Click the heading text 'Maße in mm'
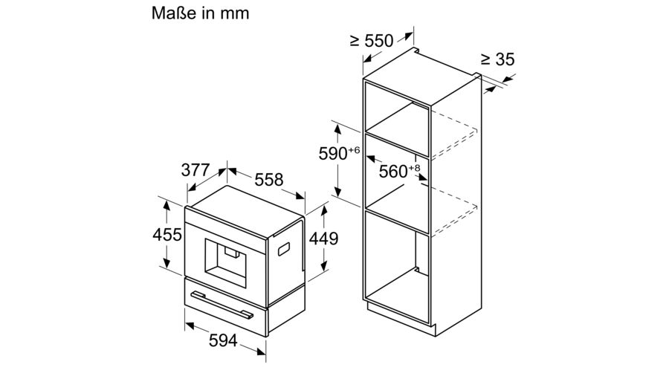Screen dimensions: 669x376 click(x=200, y=13)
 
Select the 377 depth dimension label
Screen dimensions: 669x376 click(x=195, y=170)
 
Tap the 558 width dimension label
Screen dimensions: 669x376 click(x=269, y=180)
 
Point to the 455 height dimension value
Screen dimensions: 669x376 click(x=167, y=235)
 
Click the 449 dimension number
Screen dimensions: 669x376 click(x=323, y=239)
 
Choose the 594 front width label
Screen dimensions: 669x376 click(x=223, y=340)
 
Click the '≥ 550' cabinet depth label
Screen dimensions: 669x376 click(x=372, y=41)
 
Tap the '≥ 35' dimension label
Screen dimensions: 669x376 click(x=497, y=59)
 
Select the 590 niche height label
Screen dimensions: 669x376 click(x=333, y=154)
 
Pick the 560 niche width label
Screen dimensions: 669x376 click(x=393, y=172)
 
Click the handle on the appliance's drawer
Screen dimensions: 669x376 click(x=222, y=305)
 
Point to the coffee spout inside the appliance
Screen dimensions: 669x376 click(x=232, y=253)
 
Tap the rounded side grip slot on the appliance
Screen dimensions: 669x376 click(x=284, y=249)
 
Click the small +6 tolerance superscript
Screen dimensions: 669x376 click(x=354, y=149)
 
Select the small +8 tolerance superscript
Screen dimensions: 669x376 click(x=414, y=168)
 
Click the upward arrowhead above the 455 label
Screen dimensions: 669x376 click(x=167, y=205)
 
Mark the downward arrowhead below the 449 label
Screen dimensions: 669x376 click(x=324, y=267)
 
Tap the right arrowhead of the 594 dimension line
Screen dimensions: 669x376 click(x=261, y=351)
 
